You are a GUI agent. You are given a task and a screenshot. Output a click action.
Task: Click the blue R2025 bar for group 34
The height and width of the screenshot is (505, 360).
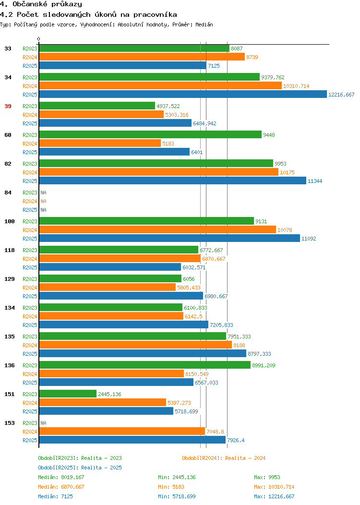(183, 95)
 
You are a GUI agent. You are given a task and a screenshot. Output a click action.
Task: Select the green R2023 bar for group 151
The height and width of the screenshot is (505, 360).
(68, 394)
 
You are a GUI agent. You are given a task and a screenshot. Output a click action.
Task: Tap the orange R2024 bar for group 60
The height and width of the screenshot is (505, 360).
(100, 144)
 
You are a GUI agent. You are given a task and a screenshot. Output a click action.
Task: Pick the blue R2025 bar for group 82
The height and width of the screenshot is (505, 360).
(173, 181)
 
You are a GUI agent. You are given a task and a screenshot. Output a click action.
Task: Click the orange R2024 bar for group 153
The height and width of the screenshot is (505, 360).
(122, 432)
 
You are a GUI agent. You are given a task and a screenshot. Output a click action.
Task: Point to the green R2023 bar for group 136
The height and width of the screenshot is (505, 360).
(145, 365)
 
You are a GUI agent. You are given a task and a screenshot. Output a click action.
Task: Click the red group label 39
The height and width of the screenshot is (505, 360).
(8, 106)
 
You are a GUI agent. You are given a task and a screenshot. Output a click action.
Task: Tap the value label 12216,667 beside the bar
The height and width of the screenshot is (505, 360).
(341, 95)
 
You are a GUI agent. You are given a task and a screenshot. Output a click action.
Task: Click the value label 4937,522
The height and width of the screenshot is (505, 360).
(168, 106)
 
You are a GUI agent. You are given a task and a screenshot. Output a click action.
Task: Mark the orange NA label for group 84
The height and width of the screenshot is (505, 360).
(44, 201)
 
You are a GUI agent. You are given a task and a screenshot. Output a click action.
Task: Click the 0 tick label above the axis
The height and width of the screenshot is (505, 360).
(39, 39)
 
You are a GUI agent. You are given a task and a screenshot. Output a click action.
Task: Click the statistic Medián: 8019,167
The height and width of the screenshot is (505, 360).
(61, 478)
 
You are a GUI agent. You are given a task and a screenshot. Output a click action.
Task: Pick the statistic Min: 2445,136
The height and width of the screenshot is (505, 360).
(177, 478)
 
